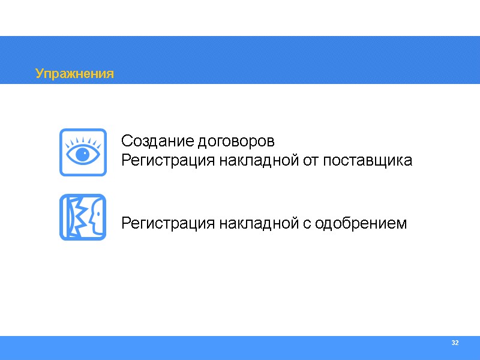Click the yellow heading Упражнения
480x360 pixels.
tap(74, 74)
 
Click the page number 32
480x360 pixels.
tap(454, 343)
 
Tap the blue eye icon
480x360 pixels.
tap(83, 152)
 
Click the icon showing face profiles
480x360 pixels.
tap(83, 217)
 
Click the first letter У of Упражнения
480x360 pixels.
tap(39, 74)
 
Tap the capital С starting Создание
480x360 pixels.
tap(126, 142)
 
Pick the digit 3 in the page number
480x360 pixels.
tap(452, 343)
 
